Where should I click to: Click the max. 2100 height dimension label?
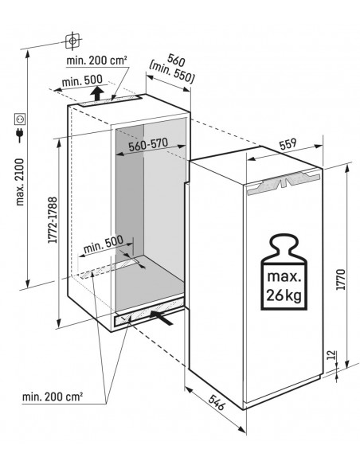20,182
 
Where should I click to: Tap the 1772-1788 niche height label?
53,220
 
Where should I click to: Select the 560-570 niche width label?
148,144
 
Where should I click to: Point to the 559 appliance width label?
288,143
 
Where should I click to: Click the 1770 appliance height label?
341,279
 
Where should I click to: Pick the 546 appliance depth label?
216,402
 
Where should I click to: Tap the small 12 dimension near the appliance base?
332,354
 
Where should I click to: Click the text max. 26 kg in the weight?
284,286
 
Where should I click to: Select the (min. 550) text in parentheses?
172,72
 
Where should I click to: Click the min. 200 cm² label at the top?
96,61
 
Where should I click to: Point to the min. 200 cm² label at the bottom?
53,397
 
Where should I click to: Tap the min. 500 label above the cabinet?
82,80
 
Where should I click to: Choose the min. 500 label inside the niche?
104,244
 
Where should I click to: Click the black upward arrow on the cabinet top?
97,93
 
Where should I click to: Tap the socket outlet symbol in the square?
20,119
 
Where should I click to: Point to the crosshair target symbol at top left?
72,41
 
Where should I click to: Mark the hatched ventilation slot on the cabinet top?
111,100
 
